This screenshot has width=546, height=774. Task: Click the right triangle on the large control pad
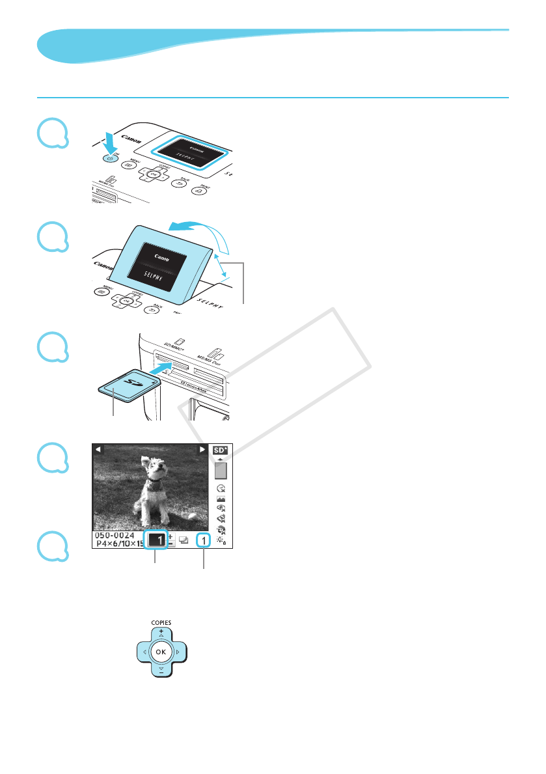[x=177, y=651]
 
